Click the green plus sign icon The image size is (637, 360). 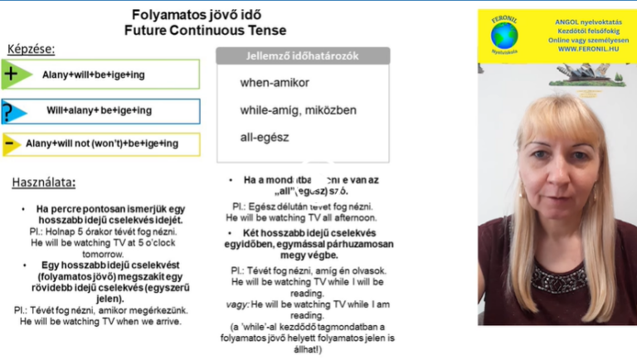tap(12, 75)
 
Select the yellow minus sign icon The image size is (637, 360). tap(10, 144)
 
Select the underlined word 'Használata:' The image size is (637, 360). tap(43, 182)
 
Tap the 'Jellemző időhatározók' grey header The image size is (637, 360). tap(303, 56)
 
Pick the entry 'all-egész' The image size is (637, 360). tap(264, 137)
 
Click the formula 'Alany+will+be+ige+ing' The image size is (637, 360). tap(94, 75)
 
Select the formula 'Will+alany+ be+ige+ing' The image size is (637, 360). tap(99, 110)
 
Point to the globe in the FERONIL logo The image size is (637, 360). tap(503, 36)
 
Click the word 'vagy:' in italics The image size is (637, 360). tap(236, 304)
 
